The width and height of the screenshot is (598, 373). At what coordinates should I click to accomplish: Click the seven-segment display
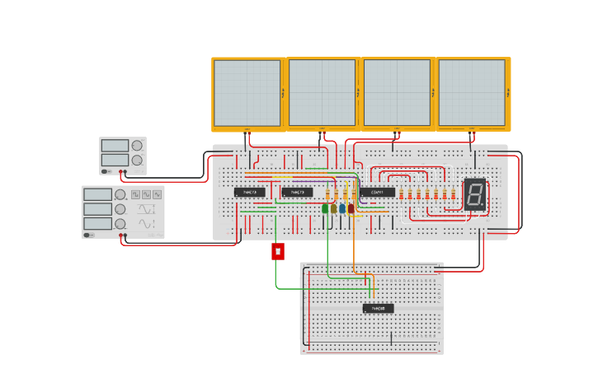[474, 194]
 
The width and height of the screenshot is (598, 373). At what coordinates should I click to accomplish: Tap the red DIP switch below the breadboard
[278, 251]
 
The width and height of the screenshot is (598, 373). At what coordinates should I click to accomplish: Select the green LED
[325, 208]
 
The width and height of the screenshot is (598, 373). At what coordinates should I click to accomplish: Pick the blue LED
[342, 208]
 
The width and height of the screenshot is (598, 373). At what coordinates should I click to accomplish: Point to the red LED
[351, 208]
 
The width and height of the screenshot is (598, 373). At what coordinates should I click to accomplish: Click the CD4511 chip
[377, 192]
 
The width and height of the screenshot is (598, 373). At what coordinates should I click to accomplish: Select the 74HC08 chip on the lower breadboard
[378, 308]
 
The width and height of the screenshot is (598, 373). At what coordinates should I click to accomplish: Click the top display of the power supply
[115, 146]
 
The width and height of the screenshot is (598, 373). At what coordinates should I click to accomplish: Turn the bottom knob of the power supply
[137, 160]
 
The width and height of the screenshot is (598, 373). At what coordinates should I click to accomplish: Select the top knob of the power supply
[137, 146]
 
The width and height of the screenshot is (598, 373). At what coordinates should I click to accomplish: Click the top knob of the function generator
[120, 194]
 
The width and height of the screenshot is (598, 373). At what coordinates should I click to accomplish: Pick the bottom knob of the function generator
[120, 223]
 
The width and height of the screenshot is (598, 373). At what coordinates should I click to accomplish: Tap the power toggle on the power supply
[105, 171]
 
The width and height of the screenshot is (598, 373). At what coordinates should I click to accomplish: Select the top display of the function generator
[97, 194]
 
